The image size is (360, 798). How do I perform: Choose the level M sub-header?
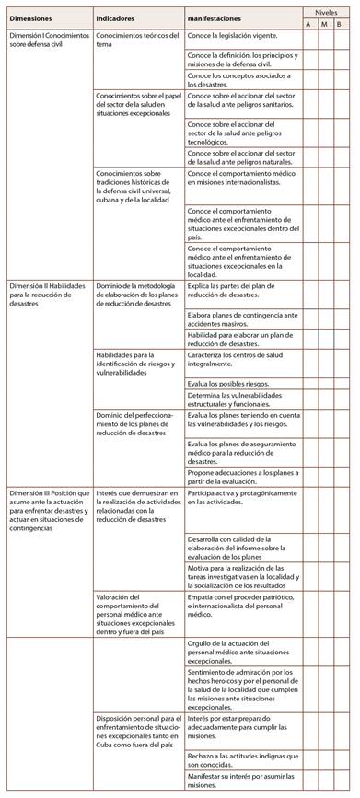coord(323,24)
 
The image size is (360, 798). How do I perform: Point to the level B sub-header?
coord(340,24)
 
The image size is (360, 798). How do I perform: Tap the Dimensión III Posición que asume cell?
coord(48,510)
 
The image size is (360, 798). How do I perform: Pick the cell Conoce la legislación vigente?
coord(232,34)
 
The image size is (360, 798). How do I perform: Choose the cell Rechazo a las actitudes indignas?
coord(242,760)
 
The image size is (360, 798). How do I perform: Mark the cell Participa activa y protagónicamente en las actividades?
coord(241,498)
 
